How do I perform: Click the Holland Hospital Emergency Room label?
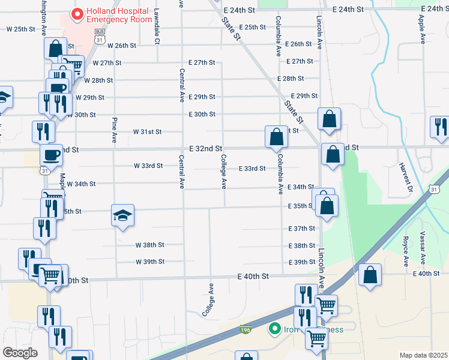coord(119,16)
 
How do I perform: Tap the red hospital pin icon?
coord(77,13)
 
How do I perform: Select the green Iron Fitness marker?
coord(275,329)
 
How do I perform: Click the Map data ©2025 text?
coord(423,355)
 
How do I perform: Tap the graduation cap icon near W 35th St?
coord(122,215)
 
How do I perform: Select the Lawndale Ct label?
coord(157,26)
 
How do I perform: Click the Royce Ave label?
coord(406,251)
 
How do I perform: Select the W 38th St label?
coord(149,245)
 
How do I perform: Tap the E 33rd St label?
coord(252,169)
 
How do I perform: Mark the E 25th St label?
coord(252,28)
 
